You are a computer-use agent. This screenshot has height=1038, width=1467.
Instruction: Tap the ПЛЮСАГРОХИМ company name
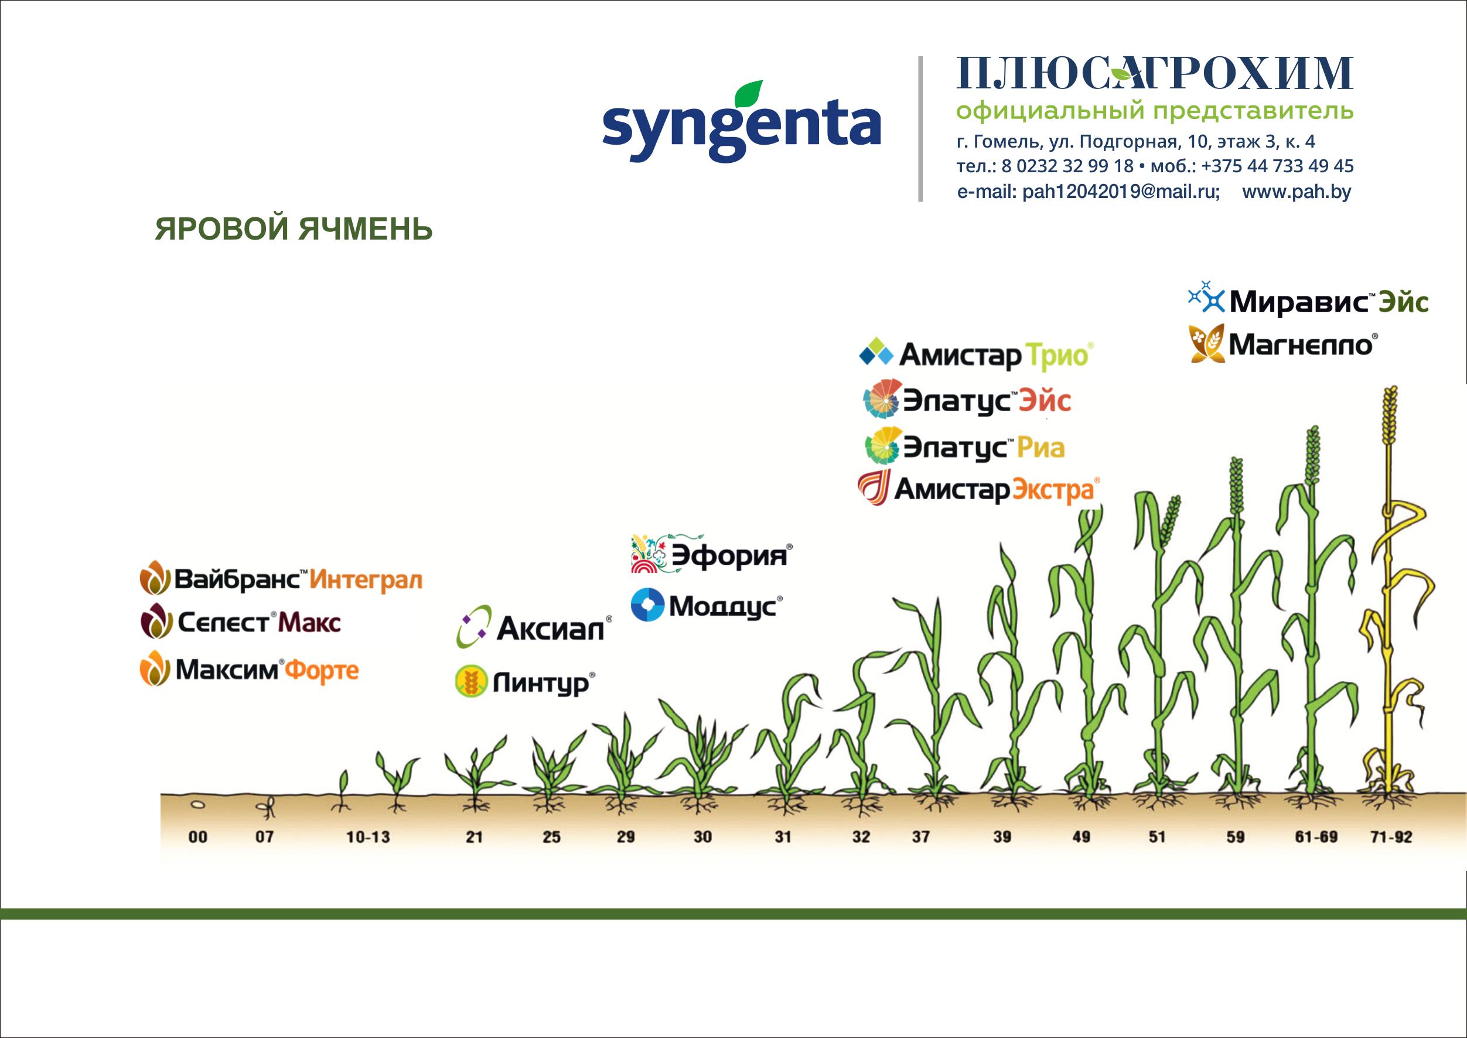pyautogui.click(x=1154, y=73)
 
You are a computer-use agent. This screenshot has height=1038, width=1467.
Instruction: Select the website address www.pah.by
pyautogui.click(x=1297, y=192)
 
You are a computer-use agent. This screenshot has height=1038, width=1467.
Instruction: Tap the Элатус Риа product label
pyautogui.click(x=964, y=446)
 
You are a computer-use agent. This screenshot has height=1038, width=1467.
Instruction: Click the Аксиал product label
pyautogui.click(x=534, y=627)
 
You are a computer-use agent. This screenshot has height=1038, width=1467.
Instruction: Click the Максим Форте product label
pyautogui.click(x=250, y=670)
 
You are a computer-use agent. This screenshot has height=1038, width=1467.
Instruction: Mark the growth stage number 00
pyautogui.click(x=198, y=836)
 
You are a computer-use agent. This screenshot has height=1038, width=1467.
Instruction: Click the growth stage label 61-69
pyautogui.click(x=1317, y=836)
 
